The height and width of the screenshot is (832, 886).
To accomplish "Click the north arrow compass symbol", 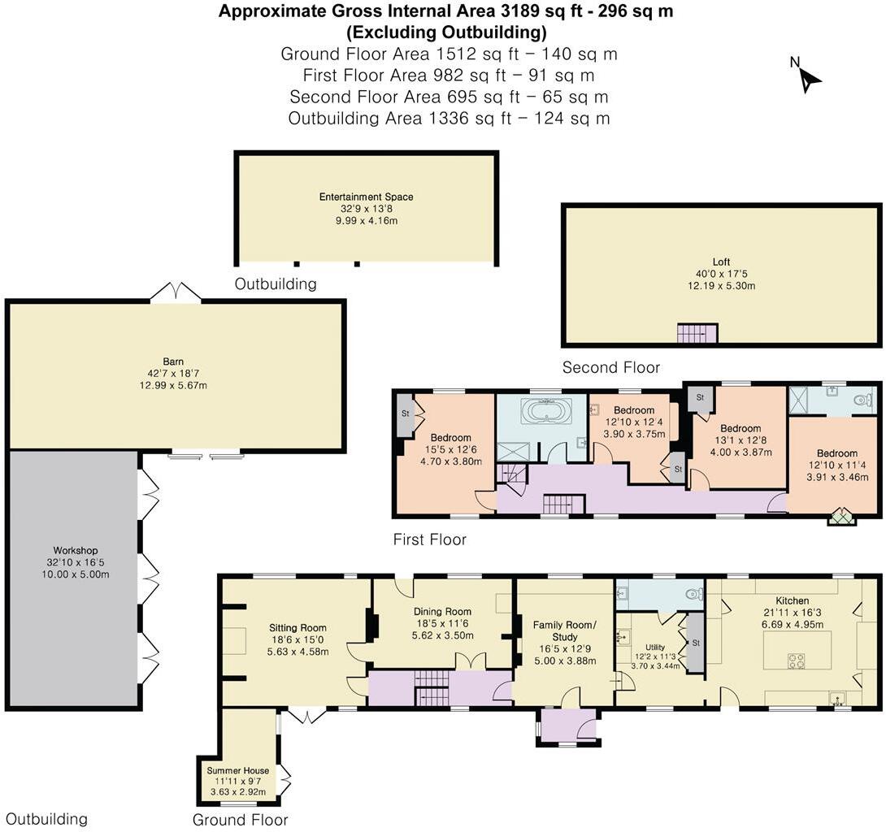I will (x=808, y=76).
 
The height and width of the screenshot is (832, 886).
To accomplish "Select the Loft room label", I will (x=722, y=262).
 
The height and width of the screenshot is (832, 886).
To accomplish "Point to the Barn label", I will (x=172, y=362).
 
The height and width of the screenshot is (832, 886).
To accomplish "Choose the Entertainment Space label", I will (x=366, y=197).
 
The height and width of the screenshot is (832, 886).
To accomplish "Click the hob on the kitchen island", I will (x=796, y=661).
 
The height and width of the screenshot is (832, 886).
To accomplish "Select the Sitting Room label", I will (x=298, y=627).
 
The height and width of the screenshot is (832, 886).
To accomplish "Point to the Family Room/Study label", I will (x=564, y=630).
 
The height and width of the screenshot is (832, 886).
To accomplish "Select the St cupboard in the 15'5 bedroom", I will (x=405, y=414).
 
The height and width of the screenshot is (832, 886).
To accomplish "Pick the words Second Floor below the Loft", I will (x=610, y=368).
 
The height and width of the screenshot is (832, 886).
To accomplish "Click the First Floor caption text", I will (x=429, y=539).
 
